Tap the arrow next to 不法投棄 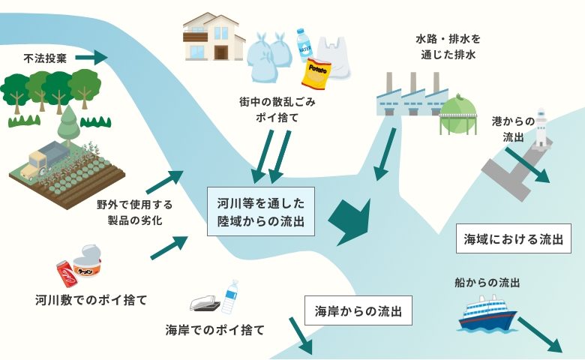pos(91,57)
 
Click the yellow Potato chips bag pos(316,72)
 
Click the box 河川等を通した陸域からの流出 pos(260,212)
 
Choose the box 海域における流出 pos(513,240)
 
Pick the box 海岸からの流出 pos(358,310)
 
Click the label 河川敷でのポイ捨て pos(91,300)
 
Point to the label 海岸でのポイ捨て pos(214,329)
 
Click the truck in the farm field pos(47,160)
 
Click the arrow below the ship pos(539,334)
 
